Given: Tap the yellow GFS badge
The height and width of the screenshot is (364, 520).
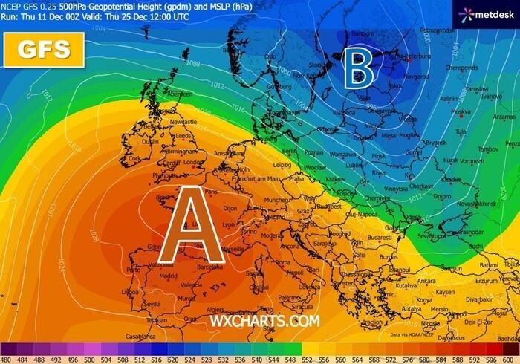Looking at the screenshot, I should pos(45,49).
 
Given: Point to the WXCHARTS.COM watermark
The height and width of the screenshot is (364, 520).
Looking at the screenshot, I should pos(264,321).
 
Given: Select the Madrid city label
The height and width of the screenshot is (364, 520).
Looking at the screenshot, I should pos(169,276).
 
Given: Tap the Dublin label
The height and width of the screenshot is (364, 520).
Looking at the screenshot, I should pos(152,141).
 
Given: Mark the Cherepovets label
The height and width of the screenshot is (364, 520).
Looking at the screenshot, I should pos(464,67).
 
